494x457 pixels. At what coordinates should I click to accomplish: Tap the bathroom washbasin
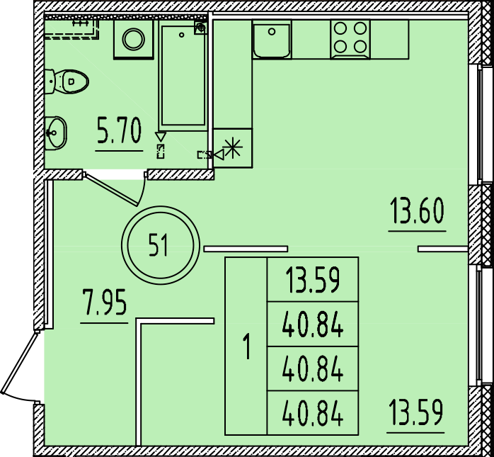tap(55, 132)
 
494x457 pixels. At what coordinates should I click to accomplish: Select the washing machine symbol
tap(134, 40)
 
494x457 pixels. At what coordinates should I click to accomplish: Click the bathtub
tap(183, 75)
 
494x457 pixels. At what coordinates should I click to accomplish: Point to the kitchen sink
tap(272, 40)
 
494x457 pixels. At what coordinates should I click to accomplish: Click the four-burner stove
tap(350, 40)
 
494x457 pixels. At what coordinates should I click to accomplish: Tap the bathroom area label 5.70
tap(119, 130)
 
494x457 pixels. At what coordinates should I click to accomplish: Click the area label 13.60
tap(417, 210)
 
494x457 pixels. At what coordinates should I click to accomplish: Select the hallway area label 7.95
tap(104, 303)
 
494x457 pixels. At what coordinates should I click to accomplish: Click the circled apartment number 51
tap(161, 245)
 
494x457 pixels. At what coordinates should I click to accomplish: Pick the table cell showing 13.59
tap(313, 280)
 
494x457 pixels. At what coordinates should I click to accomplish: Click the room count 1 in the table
tap(247, 346)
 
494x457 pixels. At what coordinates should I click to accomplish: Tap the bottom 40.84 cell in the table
tap(313, 413)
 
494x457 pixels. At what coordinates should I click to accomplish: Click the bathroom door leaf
tap(111, 190)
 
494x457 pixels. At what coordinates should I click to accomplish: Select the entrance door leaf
tap(20, 362)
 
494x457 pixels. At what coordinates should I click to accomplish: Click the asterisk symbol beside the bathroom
tap(233, 147)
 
